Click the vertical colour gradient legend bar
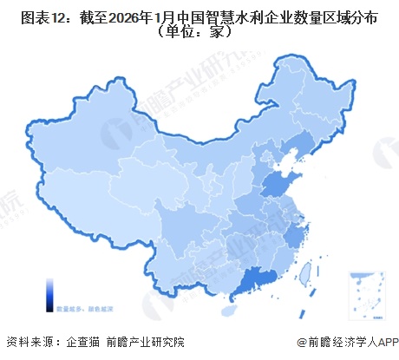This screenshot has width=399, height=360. [x=52, y=292]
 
